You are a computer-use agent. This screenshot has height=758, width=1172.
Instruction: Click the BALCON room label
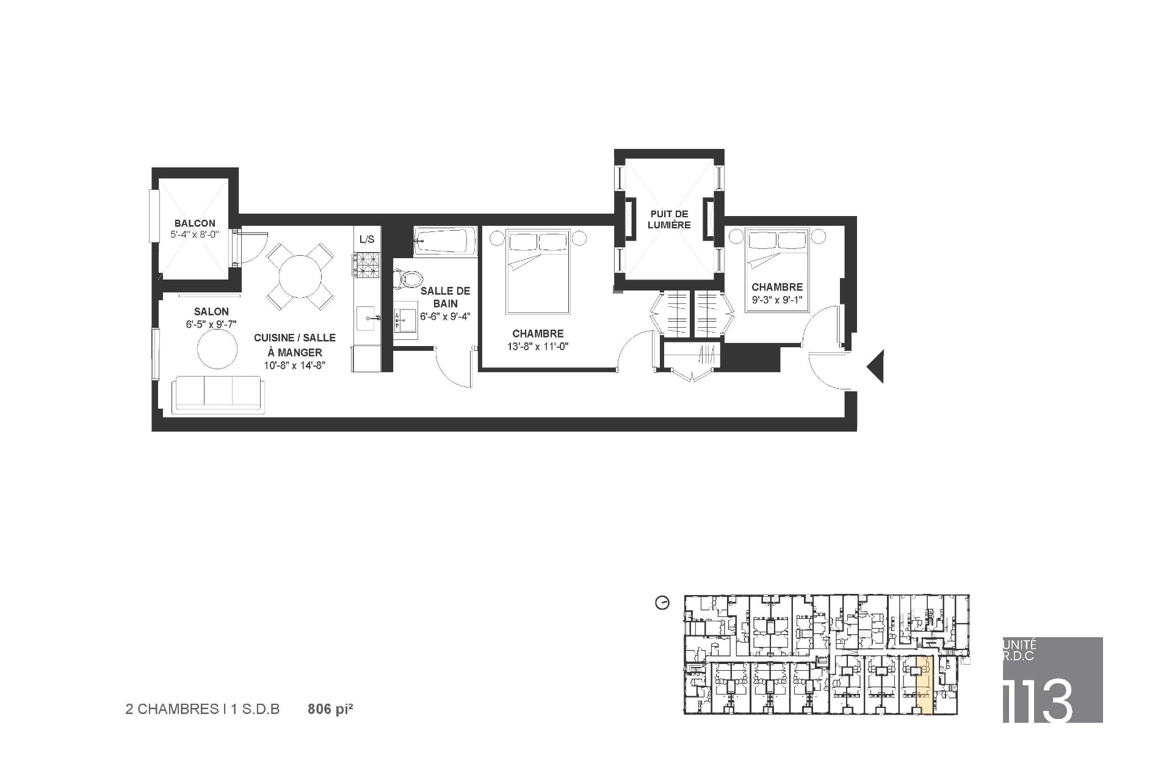(x=195, y=223)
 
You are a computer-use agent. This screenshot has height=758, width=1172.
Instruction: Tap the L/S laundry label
(x=367, y=239)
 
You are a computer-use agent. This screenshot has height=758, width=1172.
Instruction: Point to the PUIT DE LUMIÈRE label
(x=670, y=219)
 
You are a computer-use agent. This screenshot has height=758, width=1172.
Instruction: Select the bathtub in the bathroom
(x=444, y=241)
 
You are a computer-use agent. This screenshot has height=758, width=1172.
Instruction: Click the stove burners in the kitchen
(x=367, y=267)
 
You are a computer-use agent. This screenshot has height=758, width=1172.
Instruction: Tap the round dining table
(x=300, y=276)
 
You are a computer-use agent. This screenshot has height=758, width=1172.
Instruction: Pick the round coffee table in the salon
(x=217, y=350)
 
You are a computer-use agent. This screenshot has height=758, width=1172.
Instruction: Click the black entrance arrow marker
(x=876, y=367)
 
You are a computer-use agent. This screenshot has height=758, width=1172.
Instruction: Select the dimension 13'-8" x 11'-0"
(x=538, y=347)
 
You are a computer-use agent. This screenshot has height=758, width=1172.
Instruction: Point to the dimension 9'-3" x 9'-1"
(x=777, y=299)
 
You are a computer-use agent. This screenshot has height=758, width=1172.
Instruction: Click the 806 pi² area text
(x=330, y=709)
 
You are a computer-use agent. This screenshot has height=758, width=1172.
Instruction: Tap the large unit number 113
(x=1038, y=699)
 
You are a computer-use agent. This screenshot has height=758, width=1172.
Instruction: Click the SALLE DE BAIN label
(x=445, y=297)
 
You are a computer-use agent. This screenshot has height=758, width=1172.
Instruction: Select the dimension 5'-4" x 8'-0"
(x=195, y=234)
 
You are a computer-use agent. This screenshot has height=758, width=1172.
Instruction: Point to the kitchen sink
(x=368, y=318)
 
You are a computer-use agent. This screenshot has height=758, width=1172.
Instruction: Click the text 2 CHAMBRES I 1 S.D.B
(x=203, y=709)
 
